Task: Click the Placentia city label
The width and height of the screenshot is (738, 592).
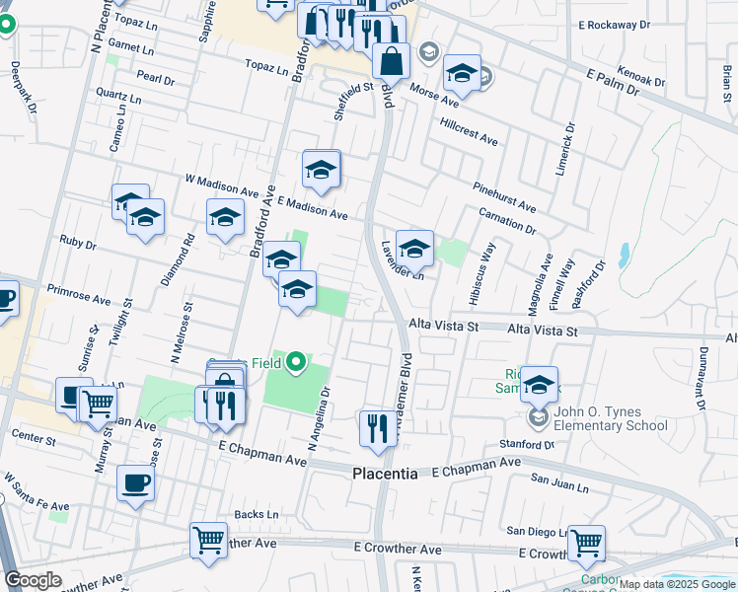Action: pos(385,474)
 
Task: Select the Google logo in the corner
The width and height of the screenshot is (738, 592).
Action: pos(33,580)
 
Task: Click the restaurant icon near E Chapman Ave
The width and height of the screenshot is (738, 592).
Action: pos(375,427)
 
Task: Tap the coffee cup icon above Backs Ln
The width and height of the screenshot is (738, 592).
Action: pos(135,483)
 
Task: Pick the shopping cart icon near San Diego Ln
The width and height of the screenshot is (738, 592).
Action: pos(586,542)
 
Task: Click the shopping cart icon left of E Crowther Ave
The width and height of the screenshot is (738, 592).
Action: pos(208,542)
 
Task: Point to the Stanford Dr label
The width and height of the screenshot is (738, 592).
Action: pos(528,445)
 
